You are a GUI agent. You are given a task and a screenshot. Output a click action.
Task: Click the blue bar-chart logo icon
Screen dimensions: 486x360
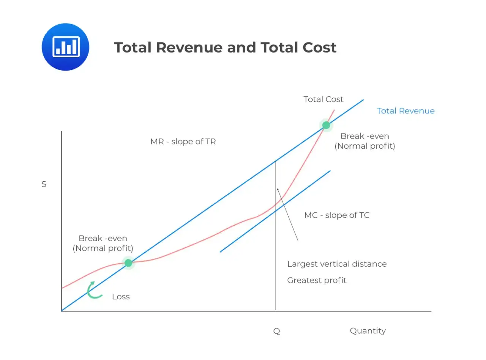tap(65, 47)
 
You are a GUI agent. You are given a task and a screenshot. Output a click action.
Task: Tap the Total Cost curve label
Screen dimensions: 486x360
tap(323, 99)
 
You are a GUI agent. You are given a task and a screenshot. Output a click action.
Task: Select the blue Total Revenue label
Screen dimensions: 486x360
tap(406, 111)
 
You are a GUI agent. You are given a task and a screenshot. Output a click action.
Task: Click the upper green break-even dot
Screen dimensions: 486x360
tap(326, 125)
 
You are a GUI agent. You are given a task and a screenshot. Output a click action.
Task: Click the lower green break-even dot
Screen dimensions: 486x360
tap(128, 263)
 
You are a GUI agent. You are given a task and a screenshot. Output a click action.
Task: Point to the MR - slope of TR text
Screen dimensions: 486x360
tap(183, 141)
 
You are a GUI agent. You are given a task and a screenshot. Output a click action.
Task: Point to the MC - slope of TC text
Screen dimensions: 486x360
tap(337, 215)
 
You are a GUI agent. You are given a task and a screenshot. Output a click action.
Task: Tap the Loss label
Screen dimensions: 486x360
tap(121, 297)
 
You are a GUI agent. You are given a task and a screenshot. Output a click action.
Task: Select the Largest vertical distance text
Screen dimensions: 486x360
tap(337, 264)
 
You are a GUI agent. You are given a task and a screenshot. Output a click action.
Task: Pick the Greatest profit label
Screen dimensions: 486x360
tap(317, 280)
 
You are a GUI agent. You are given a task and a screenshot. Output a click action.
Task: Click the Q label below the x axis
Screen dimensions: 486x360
tap(276, 331)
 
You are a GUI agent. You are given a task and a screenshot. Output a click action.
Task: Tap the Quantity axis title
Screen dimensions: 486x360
tap(368, 331)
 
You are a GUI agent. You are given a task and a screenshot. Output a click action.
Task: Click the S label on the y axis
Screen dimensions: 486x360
tap(44, 184)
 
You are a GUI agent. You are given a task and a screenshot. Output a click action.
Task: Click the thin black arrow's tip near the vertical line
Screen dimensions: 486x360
tap(277, 188)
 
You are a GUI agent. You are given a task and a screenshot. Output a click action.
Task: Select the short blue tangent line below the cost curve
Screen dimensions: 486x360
tap(275, 211)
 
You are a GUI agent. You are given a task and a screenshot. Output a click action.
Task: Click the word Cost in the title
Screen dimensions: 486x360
tap(319, 47)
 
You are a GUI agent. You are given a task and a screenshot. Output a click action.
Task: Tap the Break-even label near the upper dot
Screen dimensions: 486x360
tap(365, 136)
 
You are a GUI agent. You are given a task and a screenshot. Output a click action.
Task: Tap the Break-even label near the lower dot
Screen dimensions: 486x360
tap(103, 238)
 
